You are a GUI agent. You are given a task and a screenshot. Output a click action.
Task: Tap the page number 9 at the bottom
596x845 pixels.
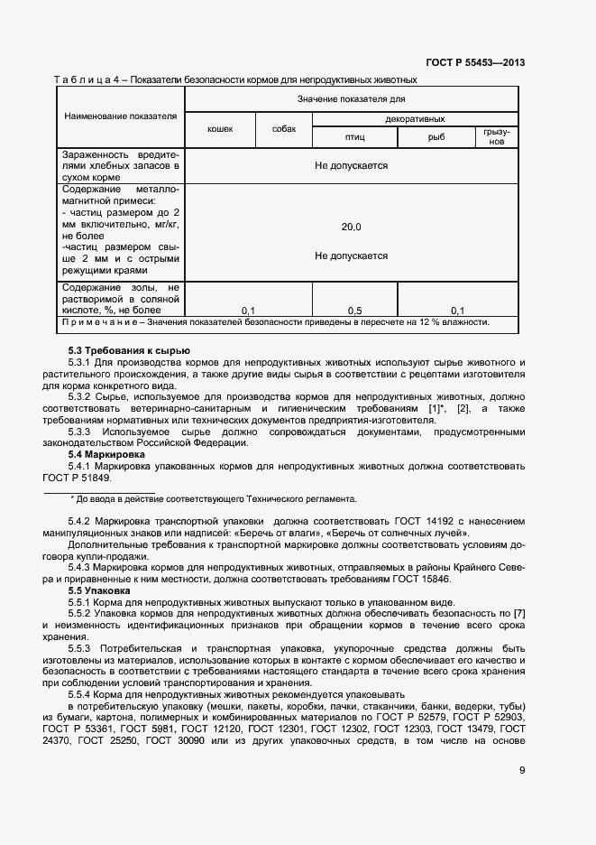point(522,769)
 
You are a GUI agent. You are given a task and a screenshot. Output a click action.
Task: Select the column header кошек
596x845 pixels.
point(220,129)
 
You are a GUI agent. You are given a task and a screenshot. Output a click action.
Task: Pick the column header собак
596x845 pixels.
point(284,129)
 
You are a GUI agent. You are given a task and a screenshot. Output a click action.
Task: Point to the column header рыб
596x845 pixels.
point(436,136)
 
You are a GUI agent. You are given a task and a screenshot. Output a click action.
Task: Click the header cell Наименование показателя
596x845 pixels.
point(120,116)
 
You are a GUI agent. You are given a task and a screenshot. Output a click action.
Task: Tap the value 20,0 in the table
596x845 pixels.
point(351,227)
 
